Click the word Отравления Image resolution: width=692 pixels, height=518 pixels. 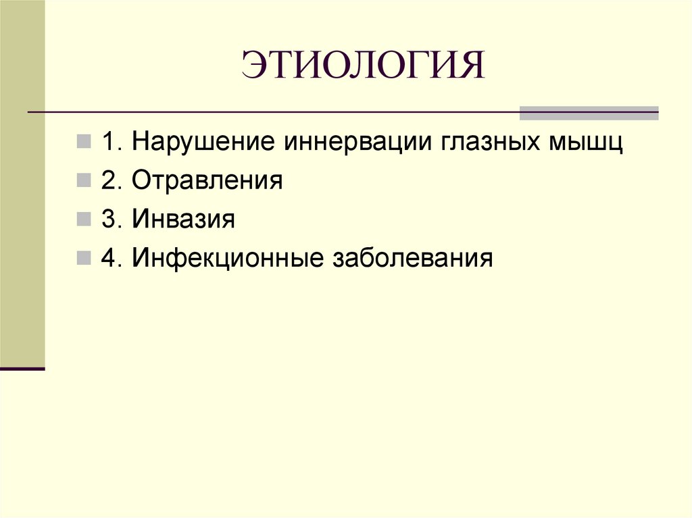(x=207, y=182)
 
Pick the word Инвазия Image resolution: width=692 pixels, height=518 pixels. (x=183, y=219)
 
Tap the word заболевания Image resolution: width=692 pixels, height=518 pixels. (x=410, y=258)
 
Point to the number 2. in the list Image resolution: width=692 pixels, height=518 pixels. (x=113, y=182)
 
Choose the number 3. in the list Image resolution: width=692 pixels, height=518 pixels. (x=113, y=219)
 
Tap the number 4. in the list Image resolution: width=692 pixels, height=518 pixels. (x=113, y=258)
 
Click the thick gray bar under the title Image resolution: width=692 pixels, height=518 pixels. (x=588, y=113)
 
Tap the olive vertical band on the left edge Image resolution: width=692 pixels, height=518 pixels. (x=22, y=203)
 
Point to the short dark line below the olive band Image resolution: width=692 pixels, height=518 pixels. (x=22, y=369)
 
